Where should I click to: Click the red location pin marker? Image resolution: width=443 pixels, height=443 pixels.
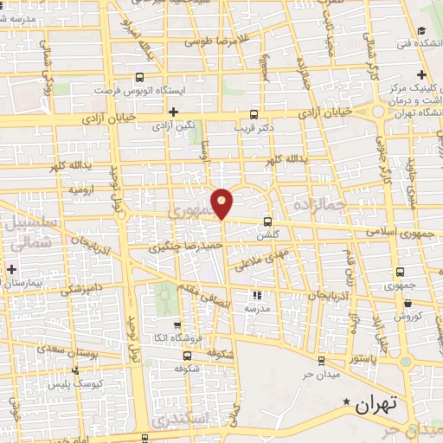coord(222,203)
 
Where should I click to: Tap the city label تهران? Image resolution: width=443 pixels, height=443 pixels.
coord(377,403)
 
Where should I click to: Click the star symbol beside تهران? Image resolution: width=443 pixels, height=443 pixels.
coord(348,402)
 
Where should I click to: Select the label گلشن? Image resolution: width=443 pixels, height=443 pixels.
coord(268,234)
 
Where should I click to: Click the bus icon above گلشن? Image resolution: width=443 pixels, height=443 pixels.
coord(268,221)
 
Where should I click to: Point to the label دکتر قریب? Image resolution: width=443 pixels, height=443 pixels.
coord(254,127)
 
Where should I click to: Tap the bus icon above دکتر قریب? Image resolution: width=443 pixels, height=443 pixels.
coord(254,114)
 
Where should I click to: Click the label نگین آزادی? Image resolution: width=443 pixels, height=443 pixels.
coord(173,126)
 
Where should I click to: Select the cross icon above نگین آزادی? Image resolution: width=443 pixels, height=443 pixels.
coord(173,112)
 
